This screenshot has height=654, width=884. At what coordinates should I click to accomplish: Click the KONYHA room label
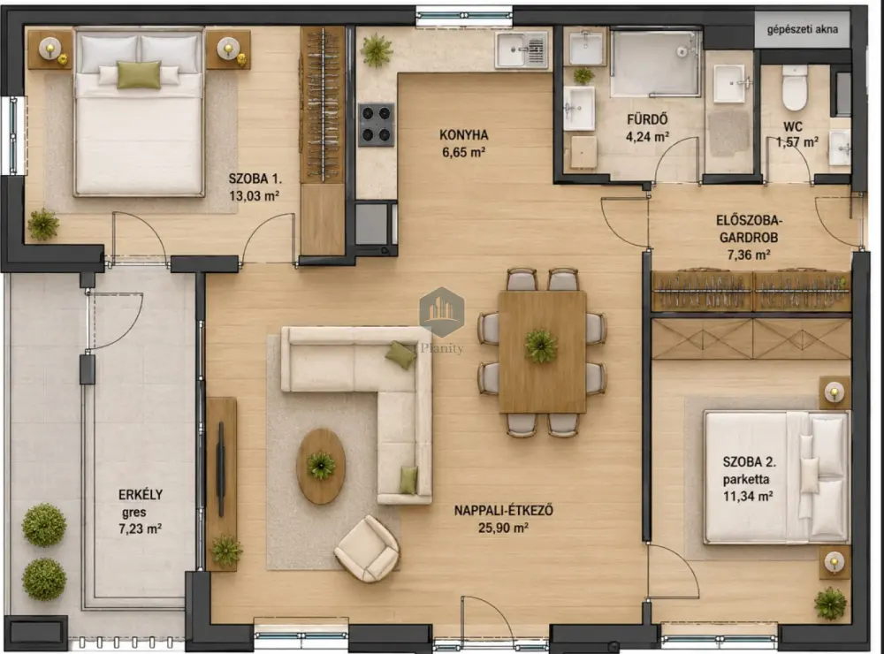(x=463, y=135)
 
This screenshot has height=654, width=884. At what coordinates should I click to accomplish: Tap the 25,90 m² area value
(x=503, y=528)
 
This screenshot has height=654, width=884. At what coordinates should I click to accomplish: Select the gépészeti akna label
(x=803, y=29)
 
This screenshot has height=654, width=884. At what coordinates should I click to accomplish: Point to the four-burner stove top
(x=377, y=125)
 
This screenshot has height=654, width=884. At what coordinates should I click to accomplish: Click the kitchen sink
(x=522, y=49)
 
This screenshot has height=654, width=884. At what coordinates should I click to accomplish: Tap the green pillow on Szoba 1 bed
(x=139, y=75)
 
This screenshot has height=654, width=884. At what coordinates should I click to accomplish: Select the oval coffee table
(x=321, y=467)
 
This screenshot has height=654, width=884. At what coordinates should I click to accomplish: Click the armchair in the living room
(x=367, y=548)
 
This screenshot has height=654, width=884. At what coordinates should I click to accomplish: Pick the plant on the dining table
(x=541, y=346)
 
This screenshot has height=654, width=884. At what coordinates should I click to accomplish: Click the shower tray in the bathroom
(x=655, y=64)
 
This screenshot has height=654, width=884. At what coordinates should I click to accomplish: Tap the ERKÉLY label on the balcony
(x=141, y=494)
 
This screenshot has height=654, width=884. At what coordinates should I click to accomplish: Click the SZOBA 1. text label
(x=255, y=179)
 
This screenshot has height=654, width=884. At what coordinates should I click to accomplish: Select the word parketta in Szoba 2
(x=746, y=480)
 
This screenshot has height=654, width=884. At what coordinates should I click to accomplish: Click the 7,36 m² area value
(x=749, y=255)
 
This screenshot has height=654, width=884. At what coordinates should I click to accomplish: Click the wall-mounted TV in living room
(x=221, y=469)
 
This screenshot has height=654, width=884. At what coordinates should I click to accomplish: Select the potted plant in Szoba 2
(x=830, y=604)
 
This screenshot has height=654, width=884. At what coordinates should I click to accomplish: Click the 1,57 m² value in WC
(x=796, y=142)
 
